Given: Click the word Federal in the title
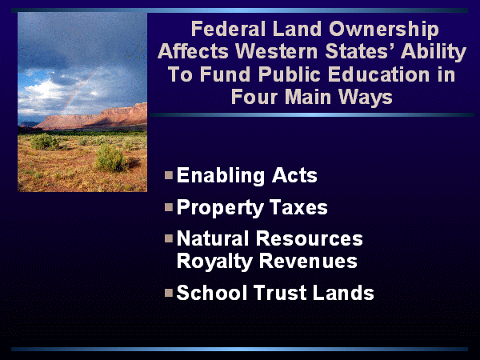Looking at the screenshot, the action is tap(228, 29).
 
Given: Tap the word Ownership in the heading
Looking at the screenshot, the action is tap(384, 30).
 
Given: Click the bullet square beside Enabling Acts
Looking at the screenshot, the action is tap(169, 175).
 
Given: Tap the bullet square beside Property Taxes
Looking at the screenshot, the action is tap(169, 207).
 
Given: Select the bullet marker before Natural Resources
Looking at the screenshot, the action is tap(169, 238).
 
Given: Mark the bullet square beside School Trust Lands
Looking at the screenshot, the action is tap(169, 293).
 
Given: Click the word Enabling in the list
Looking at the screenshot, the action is tap(221, 176).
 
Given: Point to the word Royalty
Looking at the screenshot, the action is tap(214, 262).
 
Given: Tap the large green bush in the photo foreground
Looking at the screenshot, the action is tap(111, 158).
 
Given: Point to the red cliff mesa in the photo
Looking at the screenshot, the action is tap(92, 117).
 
